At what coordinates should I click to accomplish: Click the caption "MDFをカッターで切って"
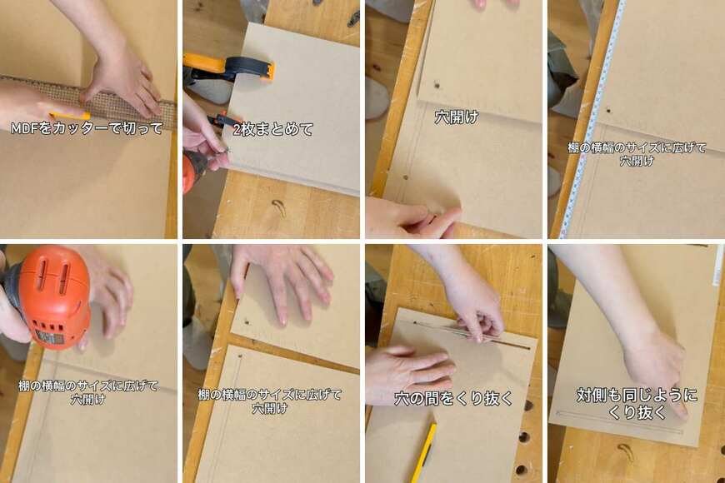pyautogui.click(x=87, y=127)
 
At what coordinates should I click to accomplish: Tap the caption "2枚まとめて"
pyautogui.click(x=272, y=129)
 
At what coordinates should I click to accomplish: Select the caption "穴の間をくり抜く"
pyautogui.click(x=453, y=398)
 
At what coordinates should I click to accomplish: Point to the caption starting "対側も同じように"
pyautogui.click(x=637, y=403)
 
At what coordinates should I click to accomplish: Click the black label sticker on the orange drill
pyautogui.click(x=49, y=336)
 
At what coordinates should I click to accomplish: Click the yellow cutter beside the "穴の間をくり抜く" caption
pyautogui.click(x=424, y=453)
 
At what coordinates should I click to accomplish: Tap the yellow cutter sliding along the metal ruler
pyautogui.click(x=69, y=116)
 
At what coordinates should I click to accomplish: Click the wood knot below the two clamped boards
pyautogui.click(x=278, y=207)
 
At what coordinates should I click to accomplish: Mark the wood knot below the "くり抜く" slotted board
pyautogui.click(x=625, y=451)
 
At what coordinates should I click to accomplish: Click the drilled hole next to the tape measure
pyautogui.click(x=608, y=111)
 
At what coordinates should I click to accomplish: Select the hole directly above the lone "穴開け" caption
pyautogui.click(x=437, y=86)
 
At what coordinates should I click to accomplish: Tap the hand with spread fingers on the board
pyautogui.click(x=283, y=283)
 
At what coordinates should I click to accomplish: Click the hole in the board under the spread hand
pyautogui.click(x=247, y=322)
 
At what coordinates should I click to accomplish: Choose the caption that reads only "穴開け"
pyautogui.click(x=456, y=117)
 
